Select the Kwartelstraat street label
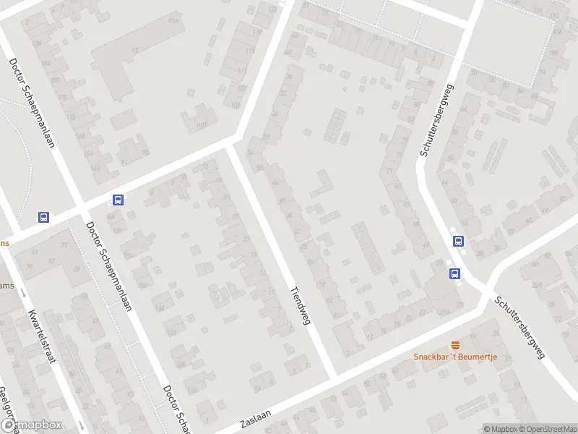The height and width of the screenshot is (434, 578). click(42, 338)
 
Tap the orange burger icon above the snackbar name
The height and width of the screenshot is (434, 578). click(455, 344)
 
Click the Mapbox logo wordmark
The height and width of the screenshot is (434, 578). click(31, 425)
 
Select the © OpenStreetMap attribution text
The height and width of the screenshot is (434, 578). click(548, 429)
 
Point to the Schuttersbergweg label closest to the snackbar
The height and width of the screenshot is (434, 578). click(519, 328)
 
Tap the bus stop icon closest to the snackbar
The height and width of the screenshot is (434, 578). click(455, 273)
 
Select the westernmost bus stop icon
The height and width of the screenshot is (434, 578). click(44, 217)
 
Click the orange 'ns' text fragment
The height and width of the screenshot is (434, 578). click(4, 243)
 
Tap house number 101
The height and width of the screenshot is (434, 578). click(202, 124)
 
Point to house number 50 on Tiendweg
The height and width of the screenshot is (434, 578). click(259, 168)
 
